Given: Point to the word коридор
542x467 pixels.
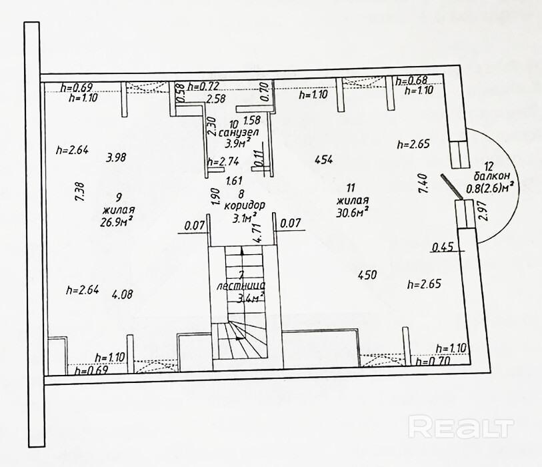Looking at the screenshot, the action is (245, 205).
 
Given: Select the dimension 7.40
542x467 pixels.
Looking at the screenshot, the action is (421, 183).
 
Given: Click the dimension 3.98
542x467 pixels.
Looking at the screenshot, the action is (117, 158).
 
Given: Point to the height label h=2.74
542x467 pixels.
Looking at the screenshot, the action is (223, 161).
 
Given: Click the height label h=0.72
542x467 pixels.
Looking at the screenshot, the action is (203, 86).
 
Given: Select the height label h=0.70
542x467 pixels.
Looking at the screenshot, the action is (433, 361).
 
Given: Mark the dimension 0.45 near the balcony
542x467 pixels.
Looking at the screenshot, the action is (443, 247).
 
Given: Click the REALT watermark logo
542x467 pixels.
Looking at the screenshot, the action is (461, 426).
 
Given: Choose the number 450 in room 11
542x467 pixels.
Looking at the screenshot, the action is (367, 274).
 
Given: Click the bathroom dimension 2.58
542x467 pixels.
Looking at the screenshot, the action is (215, 99).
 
